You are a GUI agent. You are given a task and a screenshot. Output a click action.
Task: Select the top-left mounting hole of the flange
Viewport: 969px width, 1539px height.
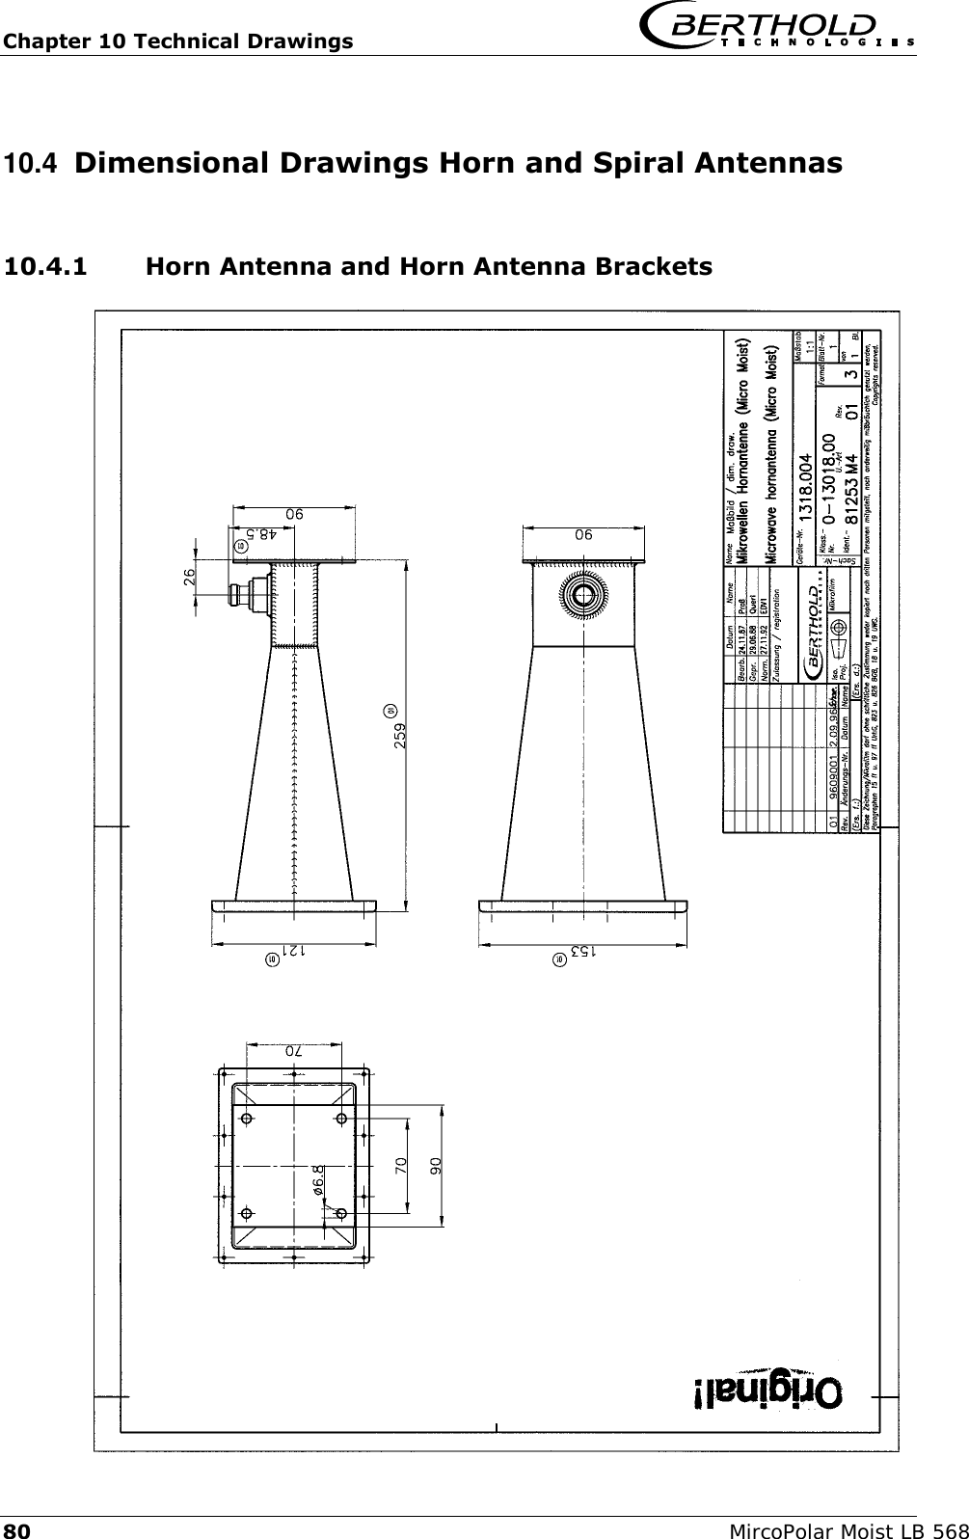click(248, 1119)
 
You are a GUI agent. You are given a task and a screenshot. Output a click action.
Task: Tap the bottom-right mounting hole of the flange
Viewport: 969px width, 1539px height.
click(340, 1213)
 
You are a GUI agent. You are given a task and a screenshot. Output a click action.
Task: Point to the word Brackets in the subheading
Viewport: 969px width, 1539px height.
click(654, 265)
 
